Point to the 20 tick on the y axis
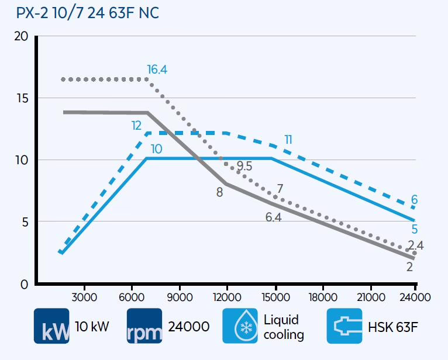[x=20, y=36]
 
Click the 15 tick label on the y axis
[x=20, y=98]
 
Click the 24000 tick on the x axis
[x=416, y=297]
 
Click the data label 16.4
[x=157, y=70]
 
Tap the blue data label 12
[x=137, y=126]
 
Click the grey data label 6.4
[x=273, y=217]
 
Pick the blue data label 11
[x=288, y=140]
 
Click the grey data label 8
[x=219, y=191]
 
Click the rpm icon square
[x=144, y=326]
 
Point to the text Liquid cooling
[x=284, y=327]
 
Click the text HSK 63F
[x=394, y=327]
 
